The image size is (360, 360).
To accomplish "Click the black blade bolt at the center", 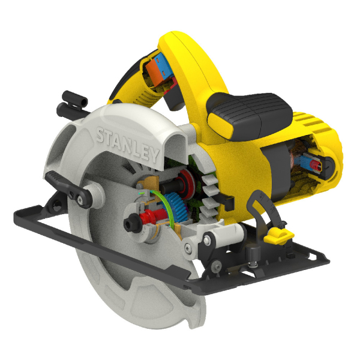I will point(130,223).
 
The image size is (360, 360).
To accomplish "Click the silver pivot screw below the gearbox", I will point(206,241).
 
